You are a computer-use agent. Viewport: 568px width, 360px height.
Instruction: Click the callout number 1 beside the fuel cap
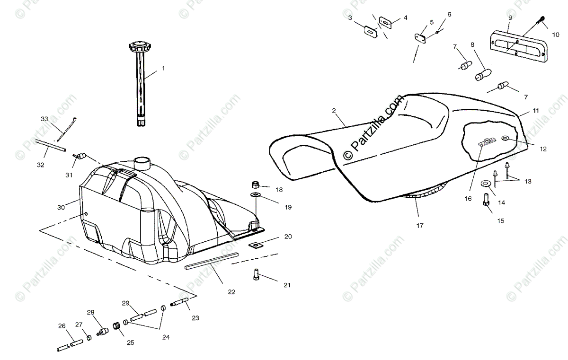pos(163,68)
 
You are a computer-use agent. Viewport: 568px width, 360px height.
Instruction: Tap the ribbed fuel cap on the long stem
pos(140,48)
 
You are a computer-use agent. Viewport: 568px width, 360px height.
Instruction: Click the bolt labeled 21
pos(257,274)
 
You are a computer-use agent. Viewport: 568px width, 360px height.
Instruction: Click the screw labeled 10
pos(540,22)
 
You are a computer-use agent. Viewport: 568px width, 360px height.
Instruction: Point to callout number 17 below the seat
pos(420,226)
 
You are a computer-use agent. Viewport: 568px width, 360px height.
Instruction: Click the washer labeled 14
pos(485,184)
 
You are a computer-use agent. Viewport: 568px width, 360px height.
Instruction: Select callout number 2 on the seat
pos(334,111)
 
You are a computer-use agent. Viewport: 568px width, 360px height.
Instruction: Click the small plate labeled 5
pos(419,38)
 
